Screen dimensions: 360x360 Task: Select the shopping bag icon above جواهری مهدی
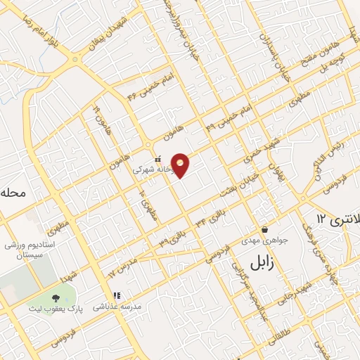point(264,230)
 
